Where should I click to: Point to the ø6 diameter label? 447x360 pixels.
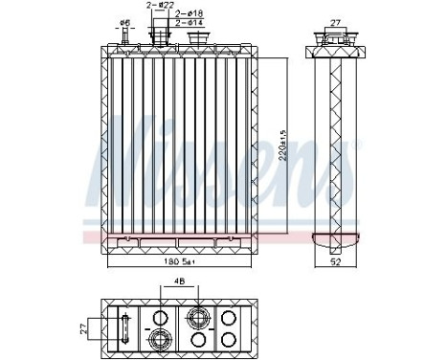pyautogui.click(x=124, y=22)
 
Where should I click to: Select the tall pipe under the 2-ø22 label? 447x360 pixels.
pyautogui.click(x=157, y=36)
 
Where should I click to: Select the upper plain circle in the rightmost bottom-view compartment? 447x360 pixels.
pyautogui.click(x=228, y=317)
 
